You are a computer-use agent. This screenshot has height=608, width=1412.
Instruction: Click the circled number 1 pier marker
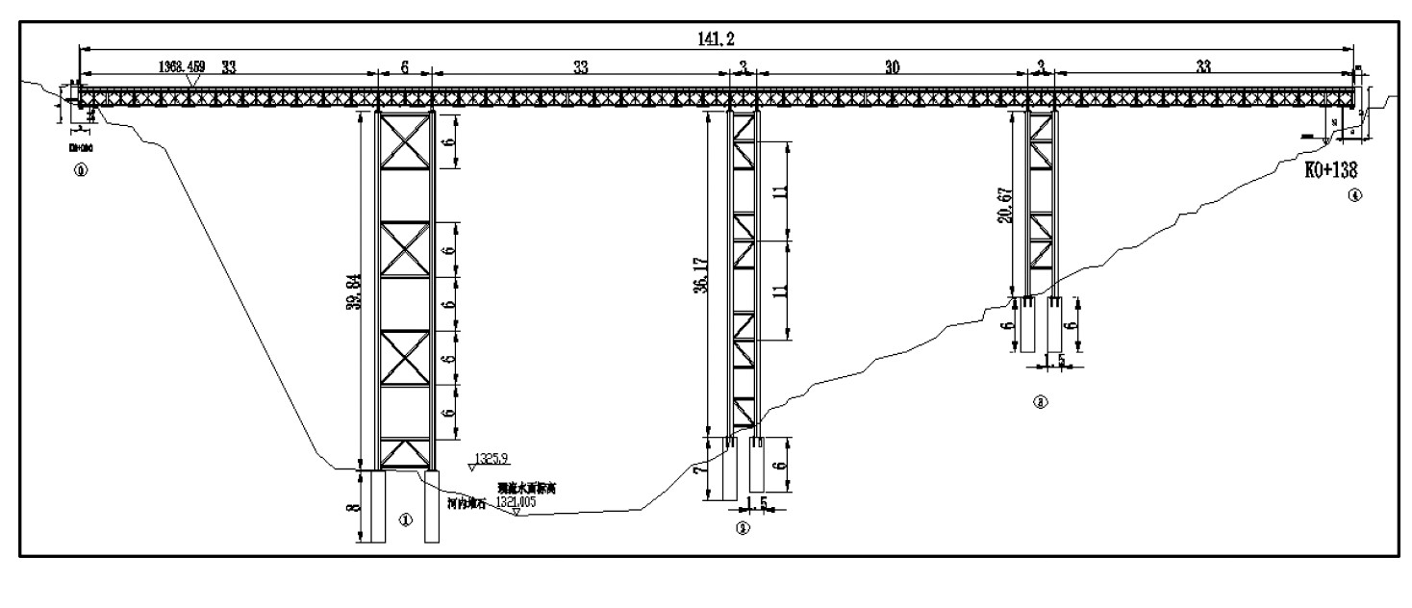click(x=405, y=519)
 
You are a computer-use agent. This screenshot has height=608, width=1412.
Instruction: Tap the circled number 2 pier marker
click(x=742, y=526)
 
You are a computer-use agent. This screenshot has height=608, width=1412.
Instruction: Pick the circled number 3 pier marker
click(x=1039, y=403)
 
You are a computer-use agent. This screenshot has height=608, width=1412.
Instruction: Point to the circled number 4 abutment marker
click(x=1356, y=195)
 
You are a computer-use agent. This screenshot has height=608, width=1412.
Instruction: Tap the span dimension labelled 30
click(x=893, y=67)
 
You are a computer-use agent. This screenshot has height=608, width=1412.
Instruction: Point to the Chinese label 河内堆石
click(x=466, y=500)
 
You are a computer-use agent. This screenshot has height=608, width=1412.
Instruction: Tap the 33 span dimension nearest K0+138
click(x=1203, y=67)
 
